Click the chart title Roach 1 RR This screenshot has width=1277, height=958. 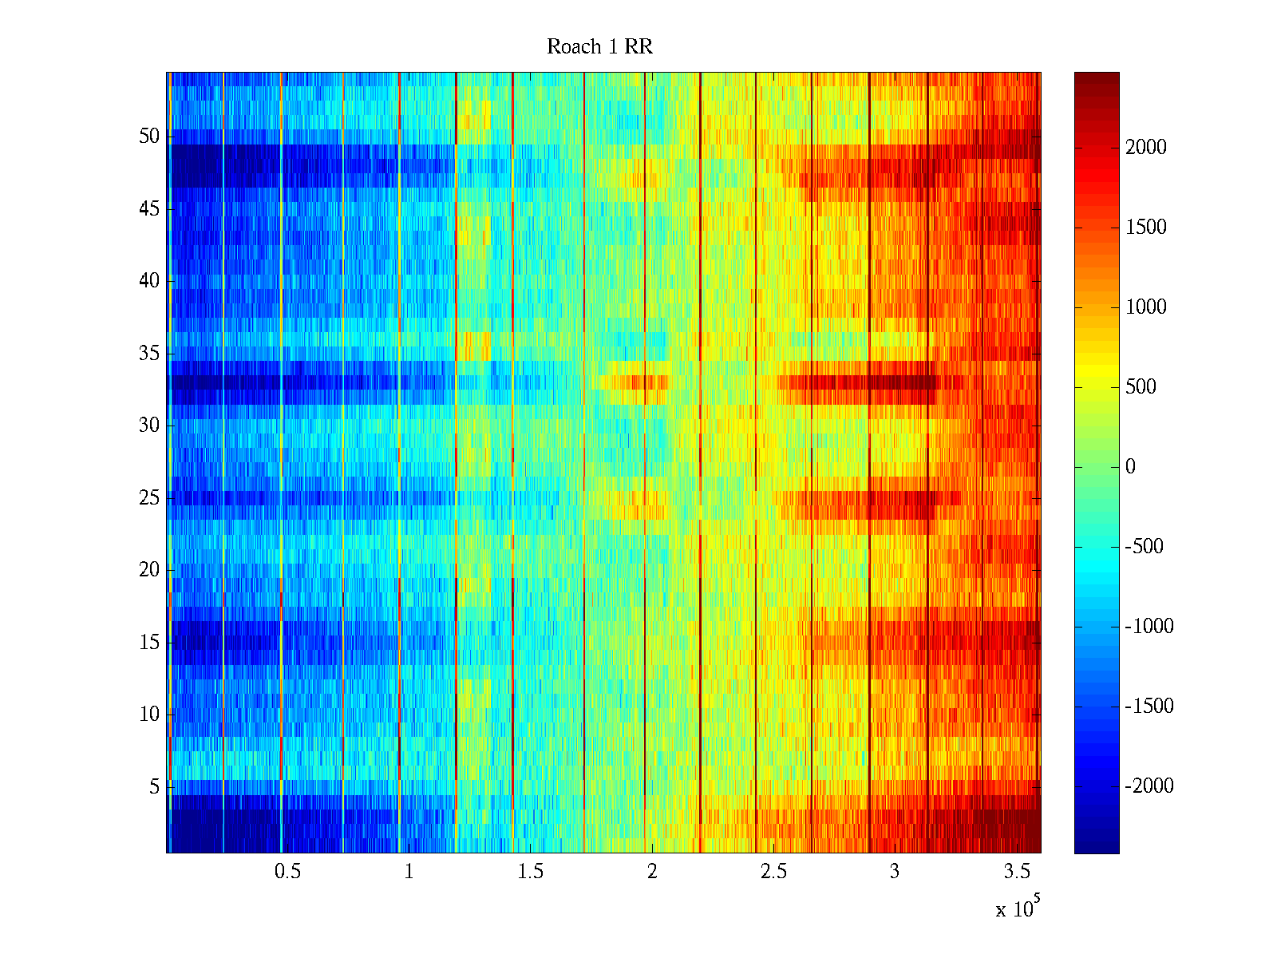599,47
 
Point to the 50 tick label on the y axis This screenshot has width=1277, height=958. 149,137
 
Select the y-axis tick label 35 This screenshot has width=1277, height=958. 149,353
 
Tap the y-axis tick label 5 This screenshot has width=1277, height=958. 154,786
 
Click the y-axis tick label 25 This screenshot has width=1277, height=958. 149,498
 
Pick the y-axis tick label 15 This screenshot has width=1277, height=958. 149,642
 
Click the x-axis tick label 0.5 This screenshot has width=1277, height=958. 287,872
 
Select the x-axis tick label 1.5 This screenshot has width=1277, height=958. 531,872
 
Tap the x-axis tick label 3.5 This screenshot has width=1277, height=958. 1017,872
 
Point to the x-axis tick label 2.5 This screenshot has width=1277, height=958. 773,872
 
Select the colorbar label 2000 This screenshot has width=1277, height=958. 1146,147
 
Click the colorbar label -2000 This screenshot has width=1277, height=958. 1149,786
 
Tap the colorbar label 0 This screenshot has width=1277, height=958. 1130,467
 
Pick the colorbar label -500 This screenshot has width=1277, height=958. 1144,547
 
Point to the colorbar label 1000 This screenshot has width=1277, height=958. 1146,307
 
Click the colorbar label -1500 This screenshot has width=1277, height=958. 1149,707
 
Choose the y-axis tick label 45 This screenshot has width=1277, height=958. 149,209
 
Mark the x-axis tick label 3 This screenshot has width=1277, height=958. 895,872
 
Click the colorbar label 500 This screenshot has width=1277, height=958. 1141,387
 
